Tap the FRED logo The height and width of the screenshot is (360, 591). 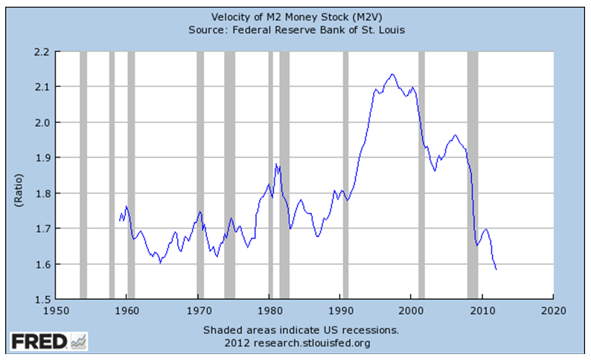48,341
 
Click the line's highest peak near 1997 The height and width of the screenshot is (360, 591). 392,74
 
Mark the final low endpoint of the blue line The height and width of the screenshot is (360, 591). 496,269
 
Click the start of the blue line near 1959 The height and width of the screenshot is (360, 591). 119,220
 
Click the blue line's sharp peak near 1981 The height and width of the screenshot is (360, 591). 276,164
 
